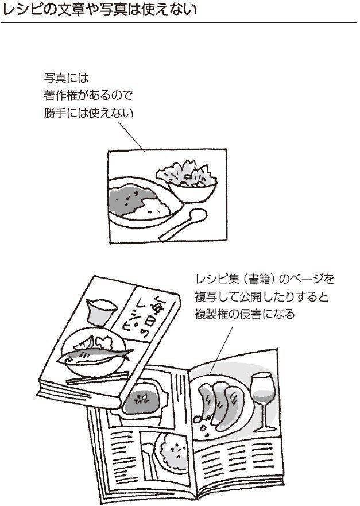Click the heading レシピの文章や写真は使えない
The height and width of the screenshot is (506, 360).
click(x=99, y=10)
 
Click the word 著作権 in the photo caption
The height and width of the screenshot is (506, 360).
click(x=59, y=95)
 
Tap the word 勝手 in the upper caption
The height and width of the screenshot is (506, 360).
click(x=55, y=113)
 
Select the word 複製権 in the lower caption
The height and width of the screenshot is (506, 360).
click(x=211, y=314)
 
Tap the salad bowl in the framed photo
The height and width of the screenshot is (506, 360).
click(x=188, y=181)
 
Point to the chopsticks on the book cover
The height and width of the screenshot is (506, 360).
click(x=98, y=378)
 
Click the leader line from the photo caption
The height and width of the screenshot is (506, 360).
click(x=131, y=137)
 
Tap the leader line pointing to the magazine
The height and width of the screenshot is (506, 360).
click(x=221, y=350)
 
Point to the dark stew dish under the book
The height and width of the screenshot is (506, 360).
click(x=141, y=400)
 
